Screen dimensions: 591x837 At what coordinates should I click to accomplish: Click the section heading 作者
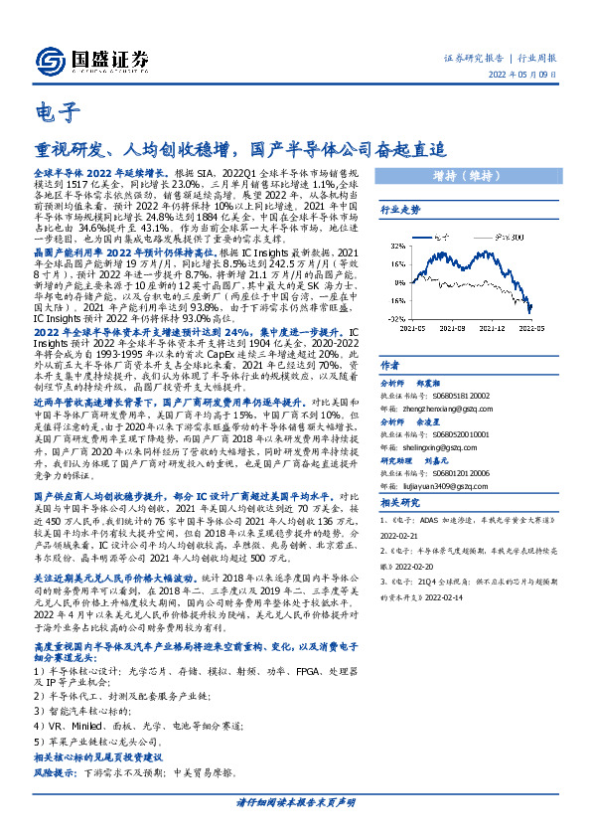pos(390,364)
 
